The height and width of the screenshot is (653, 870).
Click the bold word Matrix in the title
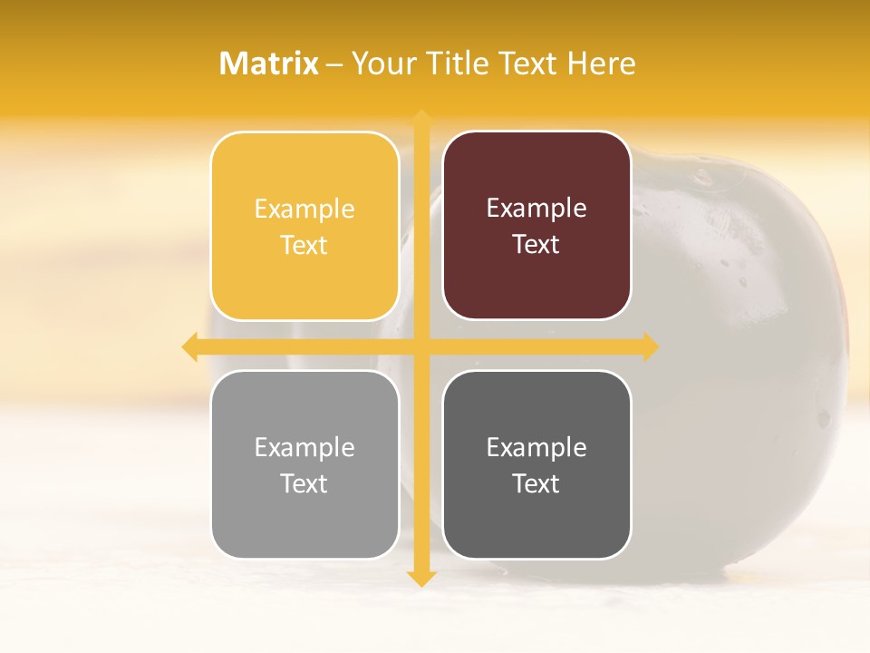(x=269, y=63)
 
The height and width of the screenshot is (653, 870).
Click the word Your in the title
(x=384, y=63)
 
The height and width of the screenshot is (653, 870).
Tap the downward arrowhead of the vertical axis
(x=420, y=579)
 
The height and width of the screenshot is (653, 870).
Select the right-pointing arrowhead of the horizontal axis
(x=650, y=346)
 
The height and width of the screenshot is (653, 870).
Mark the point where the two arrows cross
(x=420, y=346)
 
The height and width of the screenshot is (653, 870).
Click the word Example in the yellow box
(x=304, y=210)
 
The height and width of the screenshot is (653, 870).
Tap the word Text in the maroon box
(x=536, y=245)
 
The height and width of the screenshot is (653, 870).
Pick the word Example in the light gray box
(x=304, y=447)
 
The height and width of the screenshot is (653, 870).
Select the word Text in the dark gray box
(x=536, y=483)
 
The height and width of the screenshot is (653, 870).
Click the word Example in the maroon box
(x=536, y=209)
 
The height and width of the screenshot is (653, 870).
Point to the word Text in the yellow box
(x=304, y=246)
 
